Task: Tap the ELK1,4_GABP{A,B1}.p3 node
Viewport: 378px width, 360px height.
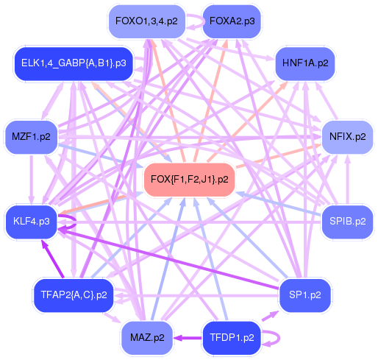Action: pyautogui.click(x=73, y=63)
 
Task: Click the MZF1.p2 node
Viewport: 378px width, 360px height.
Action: pyautogui.click(x=31, y=136)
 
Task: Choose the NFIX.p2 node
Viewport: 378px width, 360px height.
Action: pyautogui.click(x=347, y=136)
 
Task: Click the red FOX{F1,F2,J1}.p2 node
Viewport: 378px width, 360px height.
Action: pyautogui.click(x=189, y=179)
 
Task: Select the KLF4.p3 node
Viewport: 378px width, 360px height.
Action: pyautogui.click(x=31, y=221)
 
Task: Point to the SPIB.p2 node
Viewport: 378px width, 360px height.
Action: pyautogui.click(x=347, y=221)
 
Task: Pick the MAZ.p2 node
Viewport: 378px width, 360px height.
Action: pyautogui.click(x=146, y=338)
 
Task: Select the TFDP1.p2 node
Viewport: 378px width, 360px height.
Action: pyautogui.click(x=232, y=338)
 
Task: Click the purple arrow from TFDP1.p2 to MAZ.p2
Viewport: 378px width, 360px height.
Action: pyautogui.click(x=188, y=338)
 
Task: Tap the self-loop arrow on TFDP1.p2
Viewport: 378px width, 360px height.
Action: pyautogui.click(x=274, y=339)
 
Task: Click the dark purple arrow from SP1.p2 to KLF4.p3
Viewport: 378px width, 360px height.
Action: pyautogui.click(x=169, y=258)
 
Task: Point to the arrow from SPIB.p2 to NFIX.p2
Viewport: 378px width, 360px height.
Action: pyautogui.click(x=347, y=179)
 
